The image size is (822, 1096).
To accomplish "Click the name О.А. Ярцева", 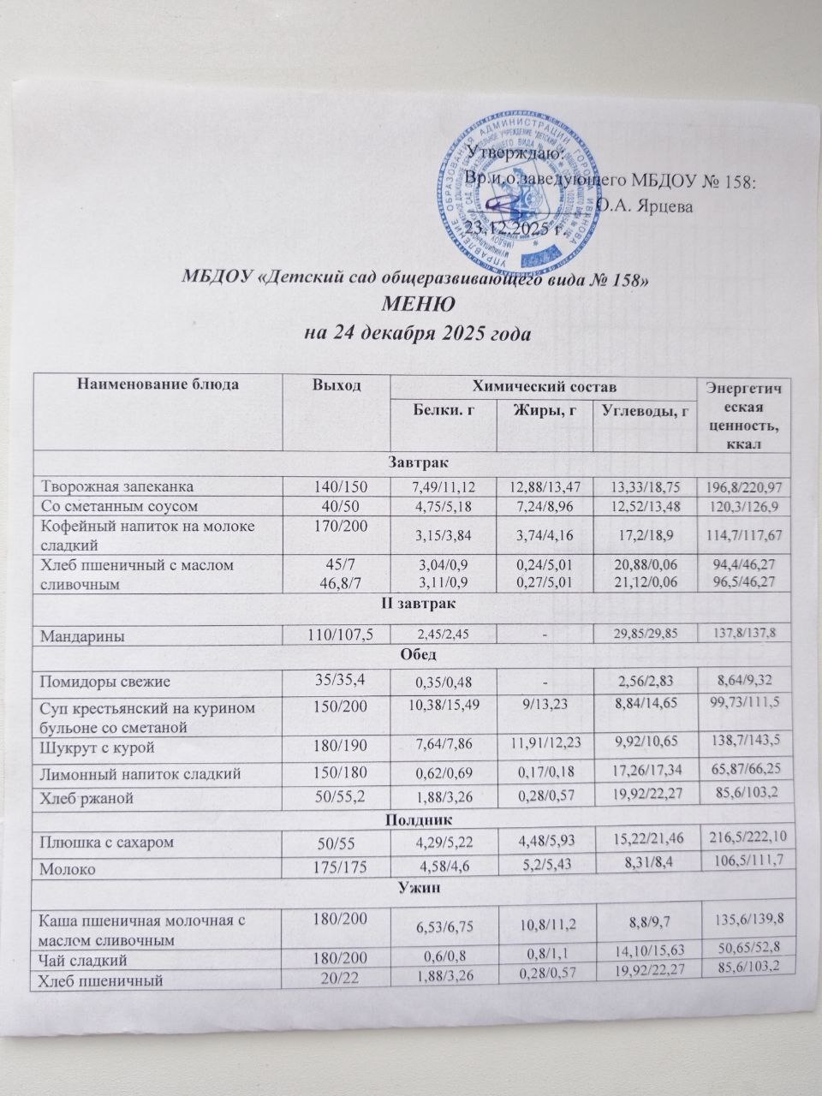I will [645, 205].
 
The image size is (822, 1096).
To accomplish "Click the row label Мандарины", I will [77, 636].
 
